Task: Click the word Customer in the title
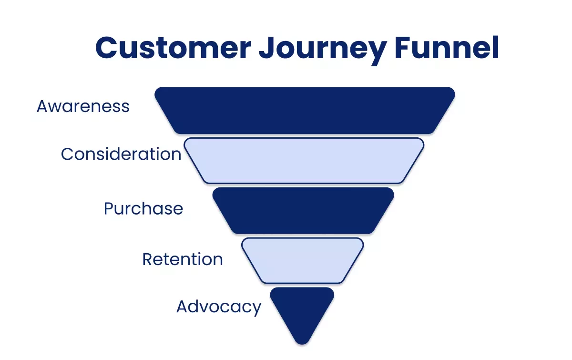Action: point(173,48)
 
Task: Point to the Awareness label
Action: point(83,106)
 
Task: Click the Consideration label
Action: point(121,154)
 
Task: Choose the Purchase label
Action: point(143,208)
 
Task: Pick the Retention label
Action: point(183,259)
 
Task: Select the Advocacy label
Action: point(219,307)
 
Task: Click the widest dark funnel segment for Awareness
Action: point(305,110)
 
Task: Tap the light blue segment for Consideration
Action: point(305,160)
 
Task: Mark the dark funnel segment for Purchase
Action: point(303,210)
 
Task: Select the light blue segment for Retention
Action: point(302,260)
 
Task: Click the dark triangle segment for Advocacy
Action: point(302,308)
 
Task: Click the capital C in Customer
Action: point(108,48)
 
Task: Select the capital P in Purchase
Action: point(109,208)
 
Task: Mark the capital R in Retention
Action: point(147,259)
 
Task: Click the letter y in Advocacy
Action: point(256,309)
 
